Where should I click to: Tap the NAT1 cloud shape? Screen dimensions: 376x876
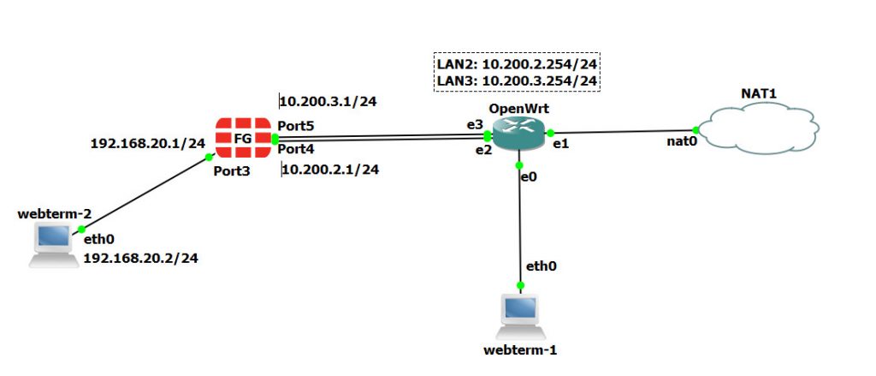pos(757,130)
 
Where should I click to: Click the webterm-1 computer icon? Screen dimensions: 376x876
pos(519,314)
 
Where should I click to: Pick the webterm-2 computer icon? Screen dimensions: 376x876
pos(52,243)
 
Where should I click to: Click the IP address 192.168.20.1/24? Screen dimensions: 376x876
pos(148,143)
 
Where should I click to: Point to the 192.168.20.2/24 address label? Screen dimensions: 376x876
pos(140,257)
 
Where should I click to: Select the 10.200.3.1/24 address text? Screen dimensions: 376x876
pos(329,101)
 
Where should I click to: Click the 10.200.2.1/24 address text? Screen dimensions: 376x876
pos(330,169)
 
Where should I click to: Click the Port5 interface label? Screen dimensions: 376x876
pos(296,126)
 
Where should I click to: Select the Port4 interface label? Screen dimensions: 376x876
pos(296,148)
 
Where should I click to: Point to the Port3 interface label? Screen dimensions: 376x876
pos(233,170)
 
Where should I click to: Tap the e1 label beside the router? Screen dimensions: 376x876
pos(561,145)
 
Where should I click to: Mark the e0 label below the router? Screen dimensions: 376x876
pos(529,176)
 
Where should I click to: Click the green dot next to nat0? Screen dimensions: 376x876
pos(696,130)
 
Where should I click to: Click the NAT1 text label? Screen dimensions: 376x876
pos(758,91)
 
